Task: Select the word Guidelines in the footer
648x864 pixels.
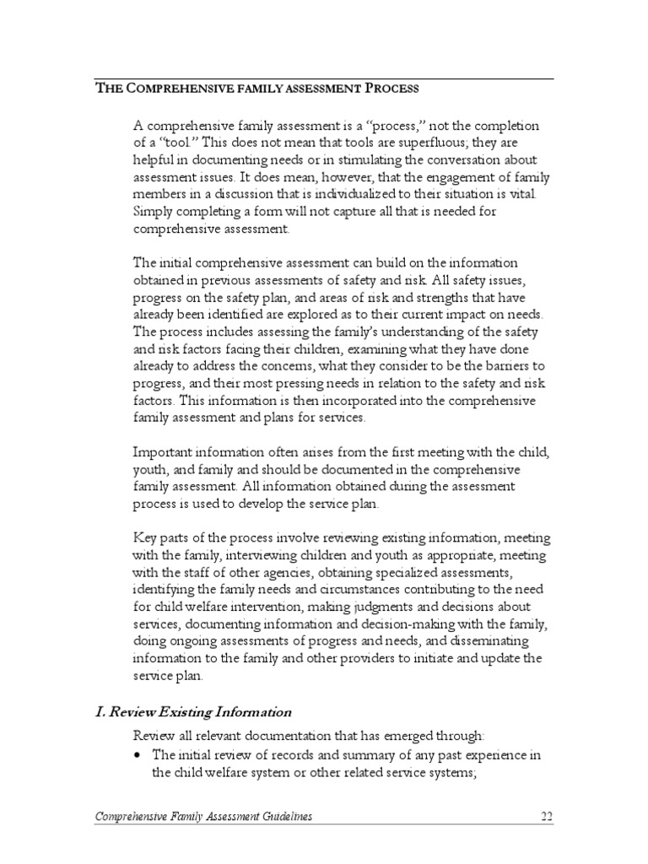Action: click(286, 817)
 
